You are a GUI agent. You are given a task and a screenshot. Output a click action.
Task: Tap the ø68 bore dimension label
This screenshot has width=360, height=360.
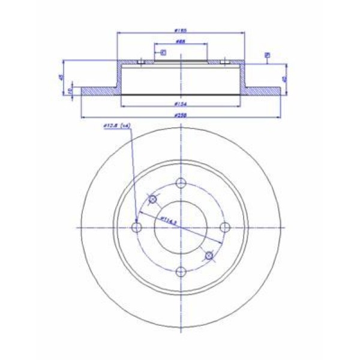pos(179,41)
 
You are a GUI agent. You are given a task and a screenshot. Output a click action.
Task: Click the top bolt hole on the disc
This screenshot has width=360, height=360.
pos(181,184)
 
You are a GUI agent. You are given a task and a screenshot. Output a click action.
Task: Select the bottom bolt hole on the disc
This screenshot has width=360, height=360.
pos(181,271)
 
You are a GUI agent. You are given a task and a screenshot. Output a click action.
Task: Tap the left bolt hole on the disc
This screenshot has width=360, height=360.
pos(137,227)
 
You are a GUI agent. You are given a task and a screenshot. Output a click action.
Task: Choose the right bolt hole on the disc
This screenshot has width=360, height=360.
pos(224,227)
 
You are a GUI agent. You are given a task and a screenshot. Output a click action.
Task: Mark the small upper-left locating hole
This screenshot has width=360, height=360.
pos(152,199)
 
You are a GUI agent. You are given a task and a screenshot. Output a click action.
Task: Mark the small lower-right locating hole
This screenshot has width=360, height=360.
pos(209,256)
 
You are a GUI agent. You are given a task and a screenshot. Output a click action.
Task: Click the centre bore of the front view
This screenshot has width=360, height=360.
pos(181,227)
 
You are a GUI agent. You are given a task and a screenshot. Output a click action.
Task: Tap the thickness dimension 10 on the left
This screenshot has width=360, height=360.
pos(71,91)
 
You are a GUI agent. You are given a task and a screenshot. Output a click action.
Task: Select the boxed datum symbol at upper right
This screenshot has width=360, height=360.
pos(267,55)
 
